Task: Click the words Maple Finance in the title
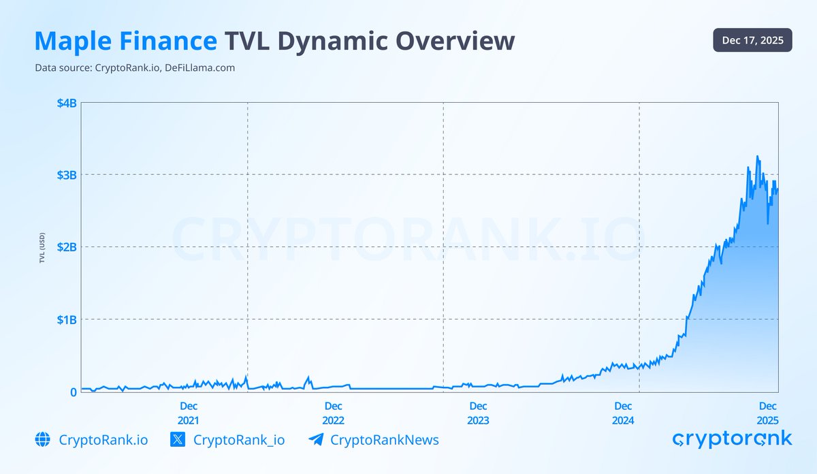tap(125, 41)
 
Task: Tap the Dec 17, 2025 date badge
tap(752, 41)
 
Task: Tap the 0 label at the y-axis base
tap(73, 392)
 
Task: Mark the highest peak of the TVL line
tap(757, 157)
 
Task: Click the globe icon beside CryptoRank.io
tap(43, 440)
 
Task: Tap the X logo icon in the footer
tap(177, 440)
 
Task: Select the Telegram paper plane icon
tap(315, 440)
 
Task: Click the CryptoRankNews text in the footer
tap(385, 440)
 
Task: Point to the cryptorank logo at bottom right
tap(732, 439)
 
